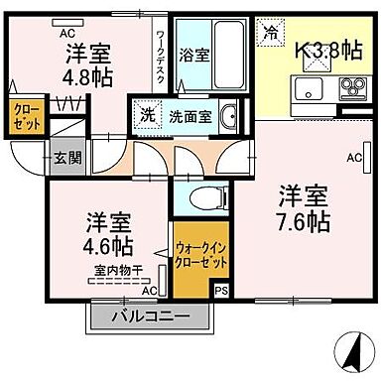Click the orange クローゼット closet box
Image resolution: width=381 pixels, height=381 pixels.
[x=25, y=117]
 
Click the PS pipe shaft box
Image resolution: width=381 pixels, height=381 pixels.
[x=221, y=290]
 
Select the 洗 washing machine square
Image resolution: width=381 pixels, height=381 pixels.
[x=146, y=112]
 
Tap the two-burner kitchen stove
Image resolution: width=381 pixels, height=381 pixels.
[x=351, y=86]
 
